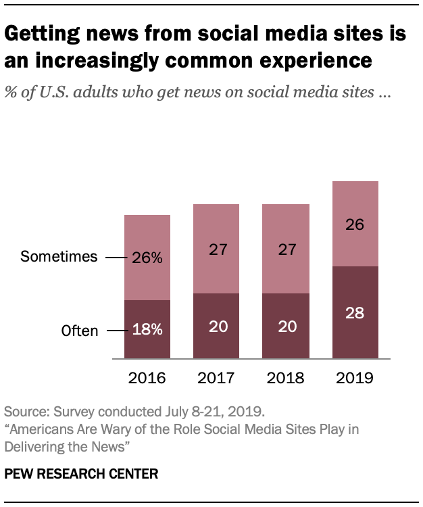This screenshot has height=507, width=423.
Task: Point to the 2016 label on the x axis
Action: (147, 377)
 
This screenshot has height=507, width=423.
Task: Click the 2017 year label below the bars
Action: (217, 377)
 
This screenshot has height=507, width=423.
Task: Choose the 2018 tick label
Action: (286, 377)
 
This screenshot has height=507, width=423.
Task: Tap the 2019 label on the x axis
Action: (355, 377)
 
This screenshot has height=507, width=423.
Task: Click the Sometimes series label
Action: (59, 257)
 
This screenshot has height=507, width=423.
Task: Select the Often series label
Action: (80, 331)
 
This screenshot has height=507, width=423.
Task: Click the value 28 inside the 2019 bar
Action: (355, 313)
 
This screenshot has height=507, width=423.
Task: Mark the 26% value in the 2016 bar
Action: (148, 258)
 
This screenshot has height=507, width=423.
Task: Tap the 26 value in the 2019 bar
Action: (355, 224)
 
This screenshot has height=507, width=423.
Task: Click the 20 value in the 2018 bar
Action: (286, 327)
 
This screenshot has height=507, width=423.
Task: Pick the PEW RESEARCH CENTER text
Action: (81, 474)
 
